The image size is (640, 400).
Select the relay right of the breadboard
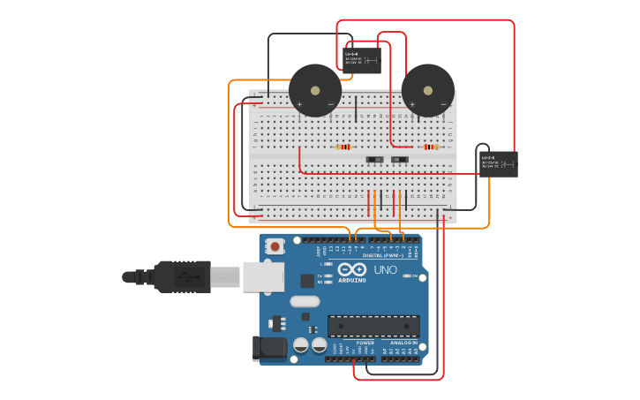point(498,164)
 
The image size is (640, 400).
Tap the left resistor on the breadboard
point(343,147)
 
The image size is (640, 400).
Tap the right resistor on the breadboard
point(430,147)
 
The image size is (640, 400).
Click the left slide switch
point(375,160)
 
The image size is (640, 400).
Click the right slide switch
point(400,160)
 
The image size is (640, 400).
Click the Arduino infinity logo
point(351,270)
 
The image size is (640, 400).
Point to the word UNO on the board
point(386,269)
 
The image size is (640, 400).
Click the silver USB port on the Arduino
point(262,276)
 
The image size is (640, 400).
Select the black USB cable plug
point(182,276)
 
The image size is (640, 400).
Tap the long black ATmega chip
point(373,326)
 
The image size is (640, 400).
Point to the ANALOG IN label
point(403,343)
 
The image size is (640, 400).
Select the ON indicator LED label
point(413,276)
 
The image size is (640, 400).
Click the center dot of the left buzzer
point(315,90)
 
